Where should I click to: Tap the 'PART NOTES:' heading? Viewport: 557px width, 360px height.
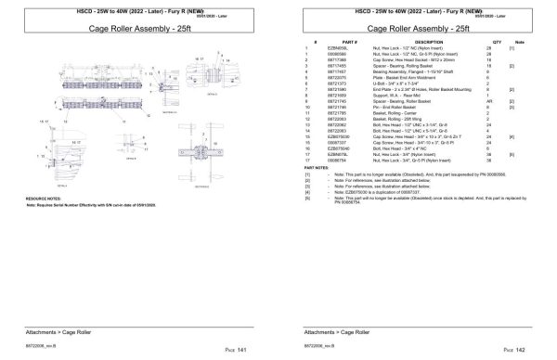pos(314,167)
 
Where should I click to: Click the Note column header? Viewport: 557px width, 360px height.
pos(519,42)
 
